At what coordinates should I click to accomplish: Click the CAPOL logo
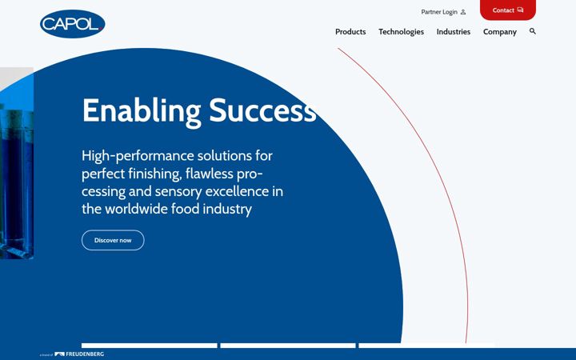[x=72, y=24]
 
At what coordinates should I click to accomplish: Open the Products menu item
[x=350, y=32]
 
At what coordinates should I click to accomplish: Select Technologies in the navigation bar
[x=401, y=32]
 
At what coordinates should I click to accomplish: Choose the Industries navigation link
[x=454, y=32]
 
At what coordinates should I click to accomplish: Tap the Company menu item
[x=499, y=32]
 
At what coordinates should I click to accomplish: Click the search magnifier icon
[x=533, y=31]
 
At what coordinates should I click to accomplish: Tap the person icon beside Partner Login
[x=463, y=12]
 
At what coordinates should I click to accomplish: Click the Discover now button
[x=113, y=240]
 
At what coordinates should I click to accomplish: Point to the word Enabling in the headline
[x=142, y=110]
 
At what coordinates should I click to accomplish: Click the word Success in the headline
[x=262, y=110]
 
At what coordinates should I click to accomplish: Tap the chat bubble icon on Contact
[x=520, y=10]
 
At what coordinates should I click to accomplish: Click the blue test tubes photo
[x=17, y=163]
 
